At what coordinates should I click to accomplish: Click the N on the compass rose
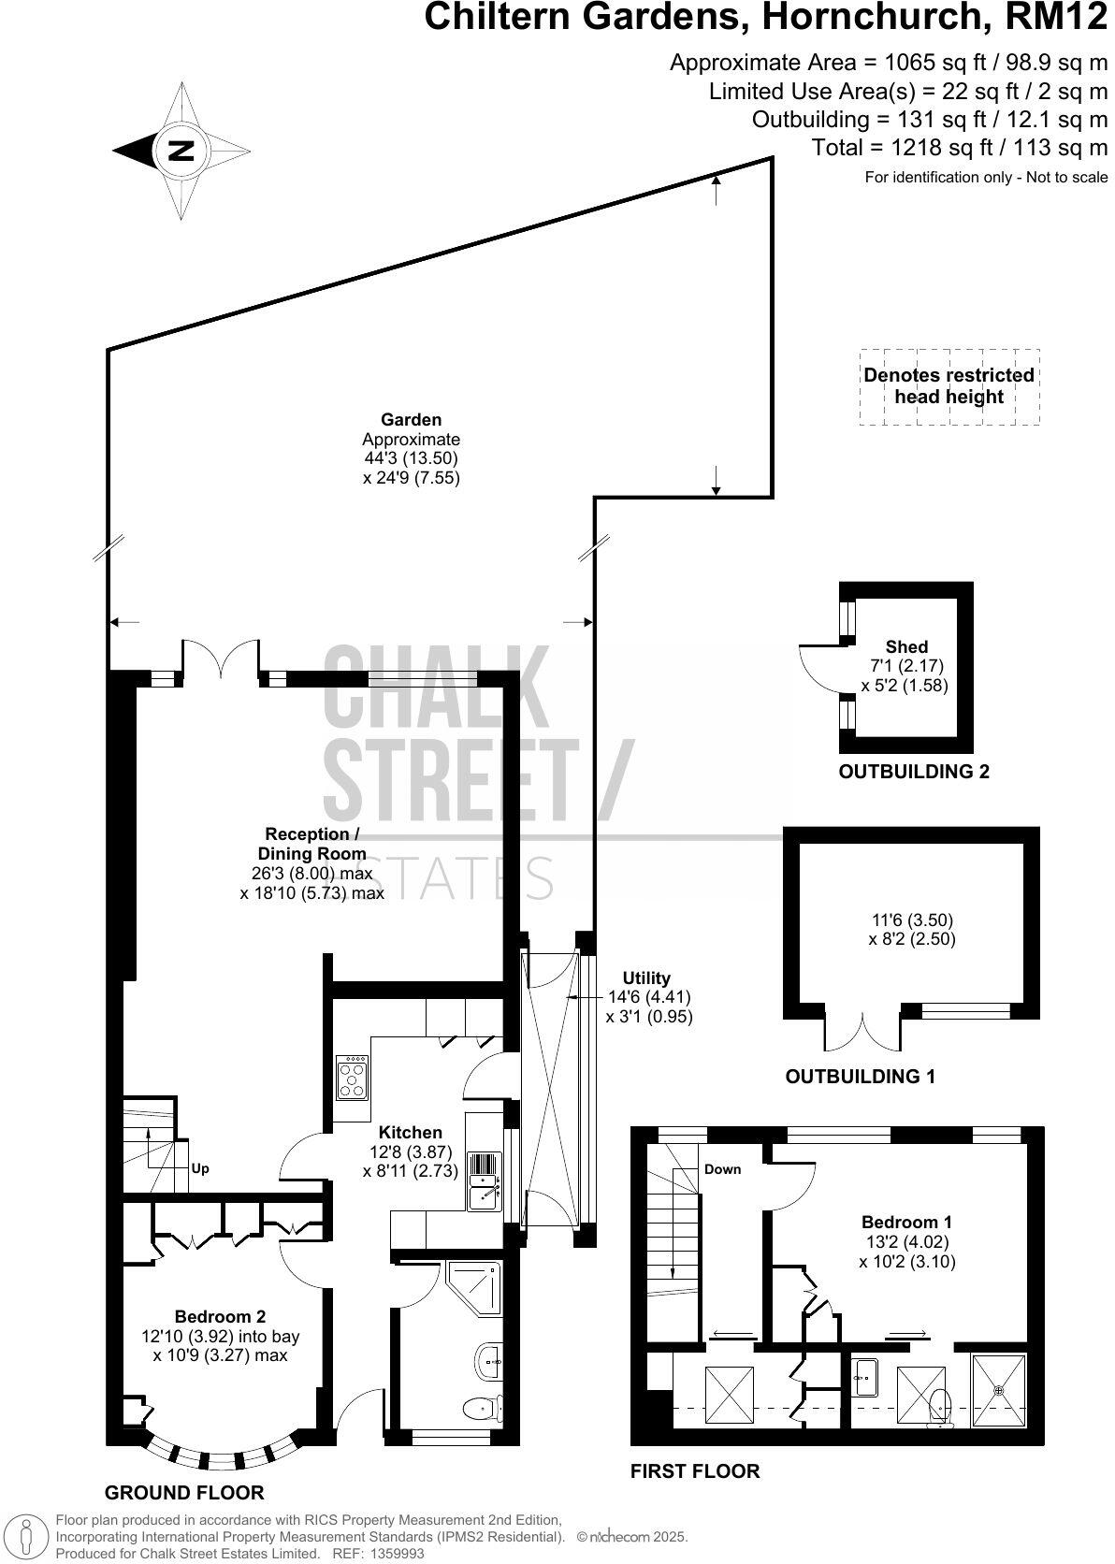click(181, 151)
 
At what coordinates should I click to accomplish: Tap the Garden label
click(411, 420)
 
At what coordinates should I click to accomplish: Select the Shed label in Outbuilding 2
click(906, 646)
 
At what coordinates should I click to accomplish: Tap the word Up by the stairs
click(200, 1168)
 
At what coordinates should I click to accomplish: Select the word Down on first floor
click(722, 1169)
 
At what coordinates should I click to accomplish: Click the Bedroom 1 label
click(906, 1222)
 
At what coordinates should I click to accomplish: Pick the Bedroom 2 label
click(220, 1317)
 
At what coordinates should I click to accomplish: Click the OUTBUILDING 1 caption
click(860, 1077)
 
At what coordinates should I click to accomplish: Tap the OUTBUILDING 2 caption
click(914, 772)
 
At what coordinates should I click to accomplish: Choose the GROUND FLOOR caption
click(184, 1492)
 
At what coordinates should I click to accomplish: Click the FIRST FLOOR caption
click(695, 1471)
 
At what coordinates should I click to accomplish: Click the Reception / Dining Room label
click(311, 843)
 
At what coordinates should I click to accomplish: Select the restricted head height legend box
click(948, 386)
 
